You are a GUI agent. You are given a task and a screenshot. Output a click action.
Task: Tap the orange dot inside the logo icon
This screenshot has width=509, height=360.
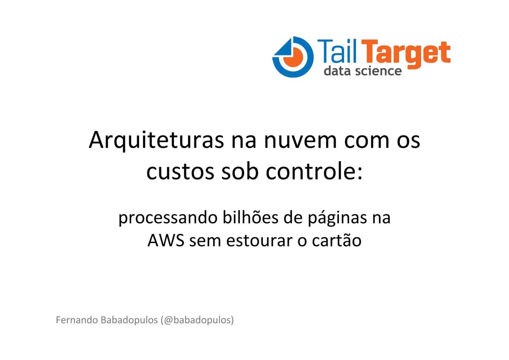pyautogui.click(x=293, y=57)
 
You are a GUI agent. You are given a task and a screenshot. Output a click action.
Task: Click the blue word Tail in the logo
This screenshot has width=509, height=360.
pyautogui.click(x=336, y=51)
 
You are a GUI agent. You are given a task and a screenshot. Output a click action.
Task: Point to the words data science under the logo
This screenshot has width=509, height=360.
pyautogui.click(x=363, y=71)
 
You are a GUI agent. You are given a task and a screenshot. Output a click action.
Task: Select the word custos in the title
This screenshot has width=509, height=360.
pyautogui.click(x=180, y=172)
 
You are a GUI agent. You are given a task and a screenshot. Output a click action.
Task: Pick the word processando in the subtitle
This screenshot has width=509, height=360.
pyautogui.click(x=168, y=219)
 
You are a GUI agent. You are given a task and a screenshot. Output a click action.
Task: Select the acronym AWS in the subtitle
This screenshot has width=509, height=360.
pyautogui.click(x=166, y=241)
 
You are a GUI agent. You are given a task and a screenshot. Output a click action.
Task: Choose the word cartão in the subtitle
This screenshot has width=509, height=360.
pyautogui.click(x=337, y=240)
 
